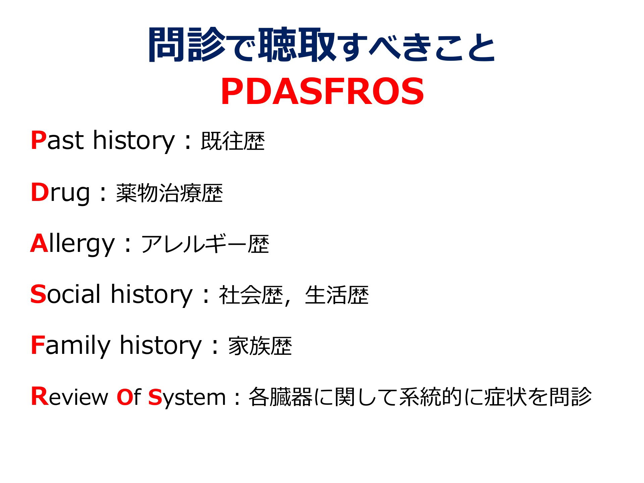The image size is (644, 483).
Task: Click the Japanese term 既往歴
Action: pos(233,141)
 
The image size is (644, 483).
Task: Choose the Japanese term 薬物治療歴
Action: pos(169,193)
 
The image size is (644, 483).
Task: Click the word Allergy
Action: pos(72,244)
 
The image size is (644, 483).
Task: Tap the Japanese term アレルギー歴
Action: pos(205,244)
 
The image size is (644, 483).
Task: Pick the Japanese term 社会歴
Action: pos(251,295)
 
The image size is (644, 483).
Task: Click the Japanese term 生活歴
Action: pos(337,295)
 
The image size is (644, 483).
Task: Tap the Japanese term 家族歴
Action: pos(260,346)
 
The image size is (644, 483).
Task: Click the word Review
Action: pos(69,397)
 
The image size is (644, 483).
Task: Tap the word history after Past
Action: pos(134,140)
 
